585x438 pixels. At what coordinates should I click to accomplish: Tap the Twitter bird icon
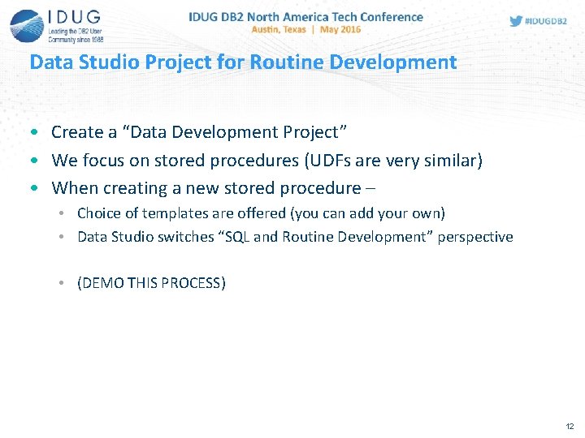pos(516,21)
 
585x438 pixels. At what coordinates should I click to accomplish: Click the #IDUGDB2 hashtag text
pos(546,21)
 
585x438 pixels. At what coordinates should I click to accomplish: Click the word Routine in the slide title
pos(283,62)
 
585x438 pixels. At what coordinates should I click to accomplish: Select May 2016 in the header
pos(341,29)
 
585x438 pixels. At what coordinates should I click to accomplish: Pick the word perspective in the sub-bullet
pos(475,237)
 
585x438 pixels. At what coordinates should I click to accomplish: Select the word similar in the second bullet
pos(451,160)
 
